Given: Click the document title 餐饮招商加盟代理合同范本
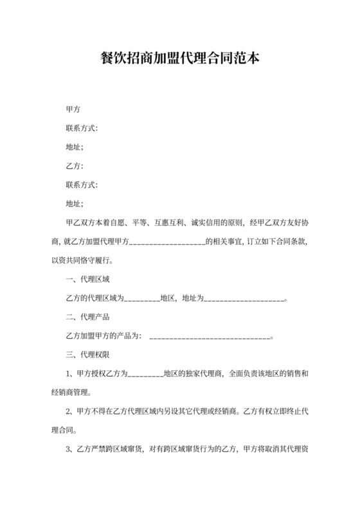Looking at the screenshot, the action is coord(180,59).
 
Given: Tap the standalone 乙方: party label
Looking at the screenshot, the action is coord(75,166).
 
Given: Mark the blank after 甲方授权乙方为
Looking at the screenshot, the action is coord(146,374).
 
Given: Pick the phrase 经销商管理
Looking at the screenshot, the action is coord(69,391).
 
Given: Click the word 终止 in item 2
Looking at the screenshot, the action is coord(289,411).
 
